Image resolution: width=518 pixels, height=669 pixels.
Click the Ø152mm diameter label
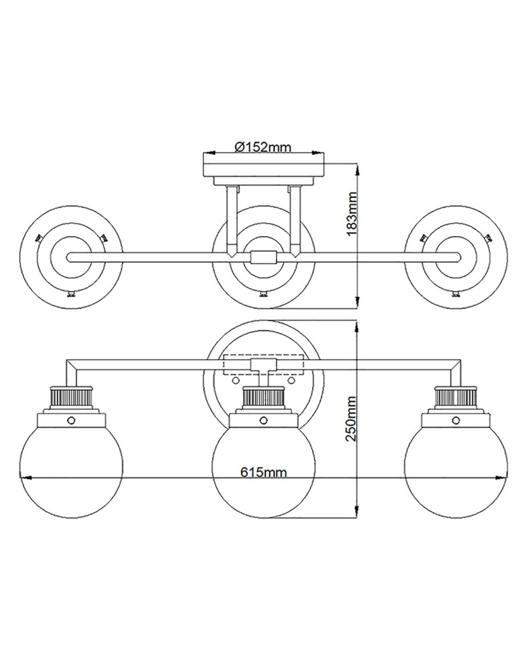(x=264, y=147)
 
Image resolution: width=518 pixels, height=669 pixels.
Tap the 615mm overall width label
(x=264, y=472)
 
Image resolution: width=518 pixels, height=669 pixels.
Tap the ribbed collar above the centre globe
(x=263, y=400)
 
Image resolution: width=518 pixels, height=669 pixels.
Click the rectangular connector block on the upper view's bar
(x=263, y=257)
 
